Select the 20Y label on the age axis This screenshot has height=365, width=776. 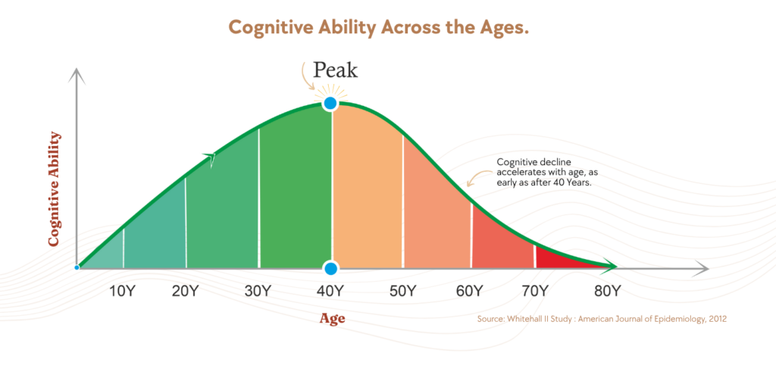click(x=185, y=290)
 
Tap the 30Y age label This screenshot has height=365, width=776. click(x=258, y=290)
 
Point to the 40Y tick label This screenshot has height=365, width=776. click(x=331, y=290)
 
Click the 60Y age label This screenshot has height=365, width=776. click(x=469, y=290)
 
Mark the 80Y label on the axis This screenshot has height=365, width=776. click(x=607, y=290)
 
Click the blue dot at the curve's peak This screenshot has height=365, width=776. click(x=330, y=104)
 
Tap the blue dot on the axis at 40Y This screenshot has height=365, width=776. click(x=331, y=269)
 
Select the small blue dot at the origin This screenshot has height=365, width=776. click(x=77, y=267)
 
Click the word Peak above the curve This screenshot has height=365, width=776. click(x=335, y=70)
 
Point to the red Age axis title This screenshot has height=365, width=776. click(x=332, y=319)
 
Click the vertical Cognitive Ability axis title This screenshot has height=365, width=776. click(x=54, y=189)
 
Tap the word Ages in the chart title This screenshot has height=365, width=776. click(x=502, y=28)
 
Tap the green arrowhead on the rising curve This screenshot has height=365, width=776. click(x=211, y=158)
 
